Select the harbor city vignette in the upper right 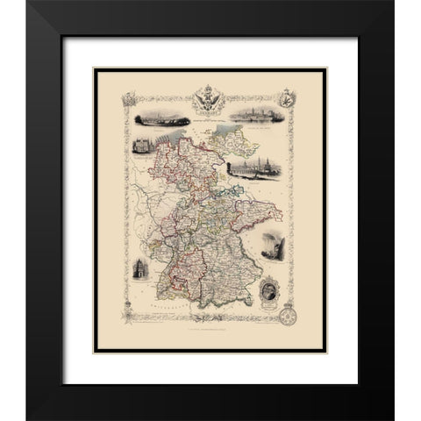click(258, 117)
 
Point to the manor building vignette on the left click(139, 146)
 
